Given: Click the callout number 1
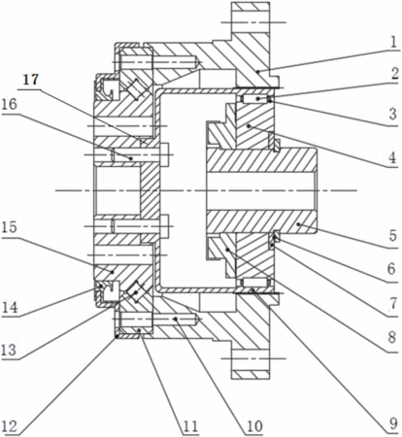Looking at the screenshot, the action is coord(393,42).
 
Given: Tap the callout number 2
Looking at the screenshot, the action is coord(394,74).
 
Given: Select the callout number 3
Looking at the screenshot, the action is coord(393,114).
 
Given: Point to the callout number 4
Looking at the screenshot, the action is coord(392,158).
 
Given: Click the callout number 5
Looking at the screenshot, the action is coord(392,235).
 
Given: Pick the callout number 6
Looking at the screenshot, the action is coord(391,269).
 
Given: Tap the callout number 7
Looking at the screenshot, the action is coord(393,303).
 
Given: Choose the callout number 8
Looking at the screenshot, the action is coord(392,337).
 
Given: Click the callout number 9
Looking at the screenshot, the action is coord(393,423).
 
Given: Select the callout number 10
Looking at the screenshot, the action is coord(254,426).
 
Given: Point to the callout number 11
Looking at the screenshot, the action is coord(190,426).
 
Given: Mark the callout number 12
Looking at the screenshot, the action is coord(10,426).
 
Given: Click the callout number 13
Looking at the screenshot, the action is coord(9,350).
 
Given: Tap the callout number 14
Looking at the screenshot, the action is coord(10,307).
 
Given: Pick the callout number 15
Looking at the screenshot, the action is coord(9,227).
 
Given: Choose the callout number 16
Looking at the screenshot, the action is coord(10,105).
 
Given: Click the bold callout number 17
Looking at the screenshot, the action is coord(31,80).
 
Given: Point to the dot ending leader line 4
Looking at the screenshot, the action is coord(249,125).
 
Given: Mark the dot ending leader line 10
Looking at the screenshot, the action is coord(176,319).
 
